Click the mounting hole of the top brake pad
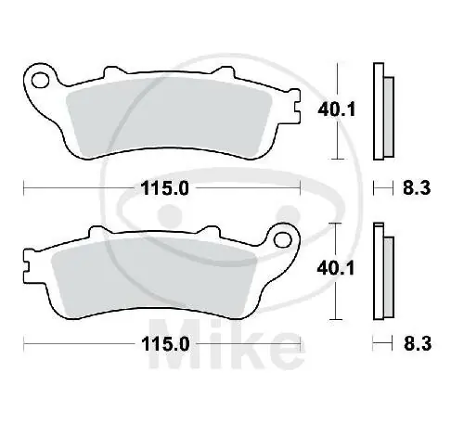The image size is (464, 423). click(40, 81)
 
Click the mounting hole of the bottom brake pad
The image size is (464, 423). click(283, 239)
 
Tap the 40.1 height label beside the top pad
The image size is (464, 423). click(337, 109)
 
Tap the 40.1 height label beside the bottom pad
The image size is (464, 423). click(336, 268)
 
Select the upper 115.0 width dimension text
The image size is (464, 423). click(164, 188)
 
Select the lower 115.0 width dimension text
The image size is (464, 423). click(165, 344)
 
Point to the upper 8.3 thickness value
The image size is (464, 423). click(417, 187)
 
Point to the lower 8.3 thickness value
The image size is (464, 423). click(418, 344)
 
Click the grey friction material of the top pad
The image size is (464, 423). click(169, 118)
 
